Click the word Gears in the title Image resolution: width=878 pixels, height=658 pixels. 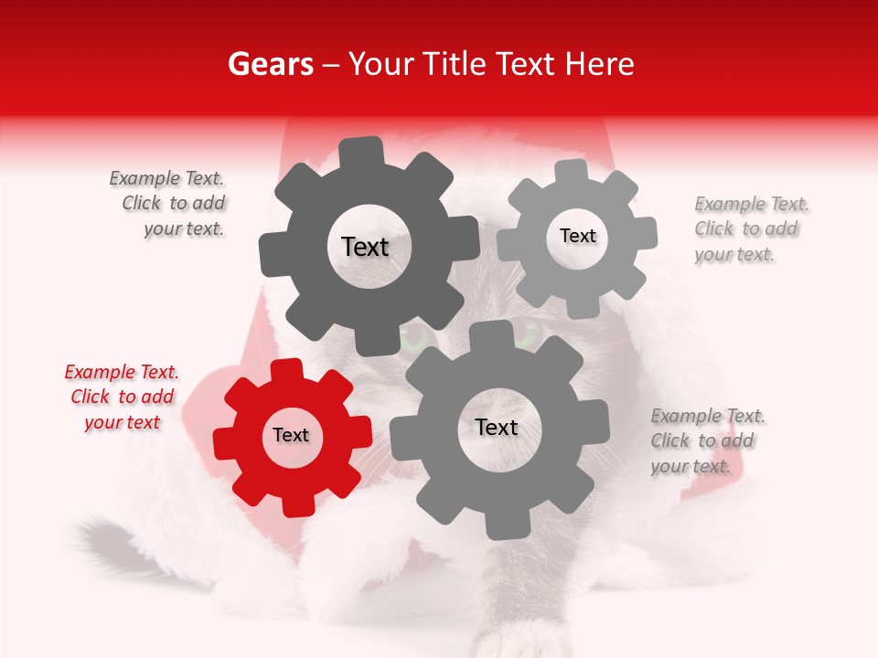point(270,64)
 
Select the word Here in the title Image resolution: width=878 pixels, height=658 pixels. point(601,64)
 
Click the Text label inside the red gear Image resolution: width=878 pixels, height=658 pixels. point(291,436)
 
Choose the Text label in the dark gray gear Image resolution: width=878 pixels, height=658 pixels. point(365,247)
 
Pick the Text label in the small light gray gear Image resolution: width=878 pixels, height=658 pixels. point(578,236)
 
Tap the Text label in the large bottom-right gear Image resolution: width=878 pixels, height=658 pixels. point(497,427)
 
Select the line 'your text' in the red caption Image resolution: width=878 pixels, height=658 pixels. point(122,422)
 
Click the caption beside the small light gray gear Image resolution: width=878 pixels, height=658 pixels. point(751,229)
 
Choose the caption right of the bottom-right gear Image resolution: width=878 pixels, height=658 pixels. point(707,441)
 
